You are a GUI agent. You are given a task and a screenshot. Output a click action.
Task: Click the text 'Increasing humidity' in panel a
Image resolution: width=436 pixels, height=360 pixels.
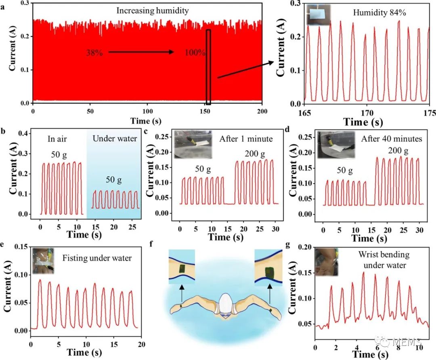pos(153,11)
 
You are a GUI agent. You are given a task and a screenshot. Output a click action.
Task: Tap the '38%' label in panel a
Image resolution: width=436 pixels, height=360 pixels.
pos(94,53)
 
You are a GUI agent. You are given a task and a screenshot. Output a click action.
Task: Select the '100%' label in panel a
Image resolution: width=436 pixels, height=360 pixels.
pos(196,53)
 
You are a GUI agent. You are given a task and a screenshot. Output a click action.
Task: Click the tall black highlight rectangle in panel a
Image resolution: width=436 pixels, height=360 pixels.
pos(208,67)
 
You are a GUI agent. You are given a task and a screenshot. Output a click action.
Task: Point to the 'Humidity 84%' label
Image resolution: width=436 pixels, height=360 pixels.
pos(379,13)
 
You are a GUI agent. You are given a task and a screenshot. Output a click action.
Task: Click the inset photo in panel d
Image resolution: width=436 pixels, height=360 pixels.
pos(336,144)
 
